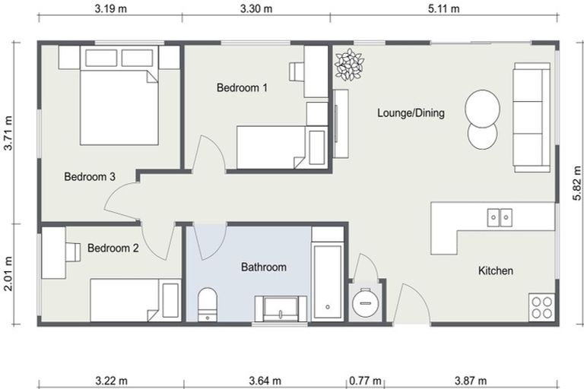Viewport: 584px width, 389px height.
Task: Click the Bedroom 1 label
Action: pyautogui.click(x=242, y=88)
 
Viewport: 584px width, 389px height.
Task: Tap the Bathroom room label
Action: pyautogui.click(x=263, y=267)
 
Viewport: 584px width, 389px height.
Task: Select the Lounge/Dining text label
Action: pyautogui.click(x=411, y=113)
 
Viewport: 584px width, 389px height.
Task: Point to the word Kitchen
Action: pyautogui.click(x=495, y=271)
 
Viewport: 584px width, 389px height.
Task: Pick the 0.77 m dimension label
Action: pyautogui.click(x=365, y=381)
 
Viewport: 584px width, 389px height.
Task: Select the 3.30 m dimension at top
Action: pyautogui.click(x=255, y=9)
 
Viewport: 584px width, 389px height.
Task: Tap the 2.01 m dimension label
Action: pyautogui.click(x=8, y=274)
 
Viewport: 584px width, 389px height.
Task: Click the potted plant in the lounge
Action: pyautogui.click(x=349, y=65)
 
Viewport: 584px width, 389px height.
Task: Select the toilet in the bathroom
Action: pyautogui.click(x=208, y=305)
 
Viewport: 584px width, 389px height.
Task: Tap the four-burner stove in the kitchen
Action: pyautogui.click(x=541, y=307)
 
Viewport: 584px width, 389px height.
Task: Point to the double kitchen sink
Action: pyautogui.click(x=500, y=217)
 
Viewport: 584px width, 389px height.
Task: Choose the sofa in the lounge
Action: pyautogui.click(x=532, y=115)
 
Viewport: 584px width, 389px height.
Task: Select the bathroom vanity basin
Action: pyautogui.click(x=281, y=308)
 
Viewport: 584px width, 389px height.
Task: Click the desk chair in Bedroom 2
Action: pyautogui.click(x=72, y=251)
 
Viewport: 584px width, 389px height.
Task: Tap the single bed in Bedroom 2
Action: pyautogui.click(x=135, y=299)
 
